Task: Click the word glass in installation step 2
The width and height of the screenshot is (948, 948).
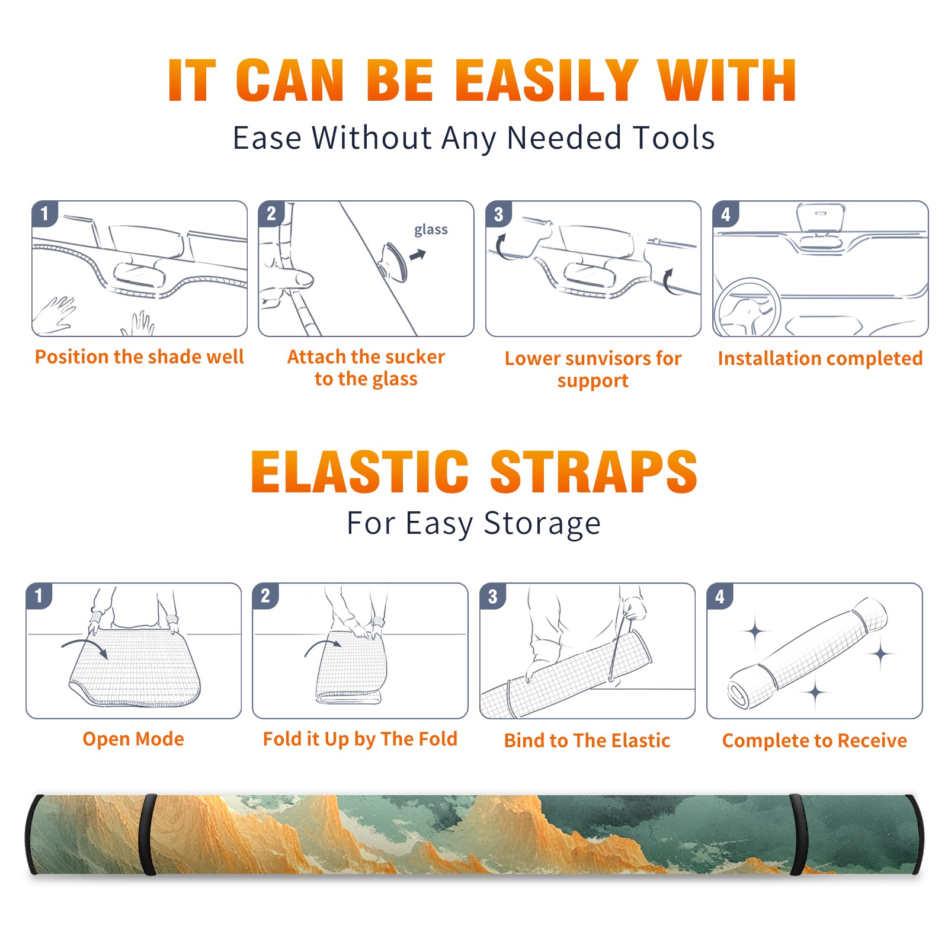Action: tap(431, 230)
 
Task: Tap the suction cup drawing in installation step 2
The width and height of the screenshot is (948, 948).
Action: tap(394, 262)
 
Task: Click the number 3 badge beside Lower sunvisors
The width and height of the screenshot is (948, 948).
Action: tap(498, 214)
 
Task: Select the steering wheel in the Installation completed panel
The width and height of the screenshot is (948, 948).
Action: tap(747, 308)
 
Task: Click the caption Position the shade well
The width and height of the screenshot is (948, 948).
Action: tap(139, 357)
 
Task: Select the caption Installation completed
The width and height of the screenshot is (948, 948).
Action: tap(820, 358)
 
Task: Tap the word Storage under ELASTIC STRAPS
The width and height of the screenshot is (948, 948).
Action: tap(542, 524)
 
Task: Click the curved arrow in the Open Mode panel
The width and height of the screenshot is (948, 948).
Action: tap(85, 646)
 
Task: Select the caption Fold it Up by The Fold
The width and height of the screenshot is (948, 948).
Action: tap(360, 739)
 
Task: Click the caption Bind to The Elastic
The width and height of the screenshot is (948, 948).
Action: tap(587, 741)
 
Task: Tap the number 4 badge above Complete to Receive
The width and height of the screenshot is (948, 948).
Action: tap(720, 596)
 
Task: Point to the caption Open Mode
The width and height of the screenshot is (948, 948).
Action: tap(133, 739)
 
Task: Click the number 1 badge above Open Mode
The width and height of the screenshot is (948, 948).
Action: tap(39, 596)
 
